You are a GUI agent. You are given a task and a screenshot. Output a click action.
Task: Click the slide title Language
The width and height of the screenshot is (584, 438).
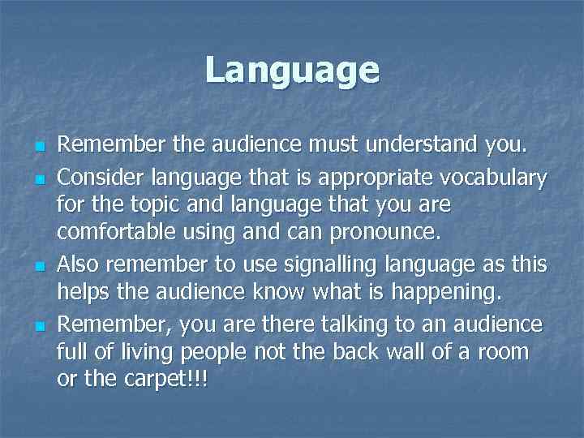(292, 70)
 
